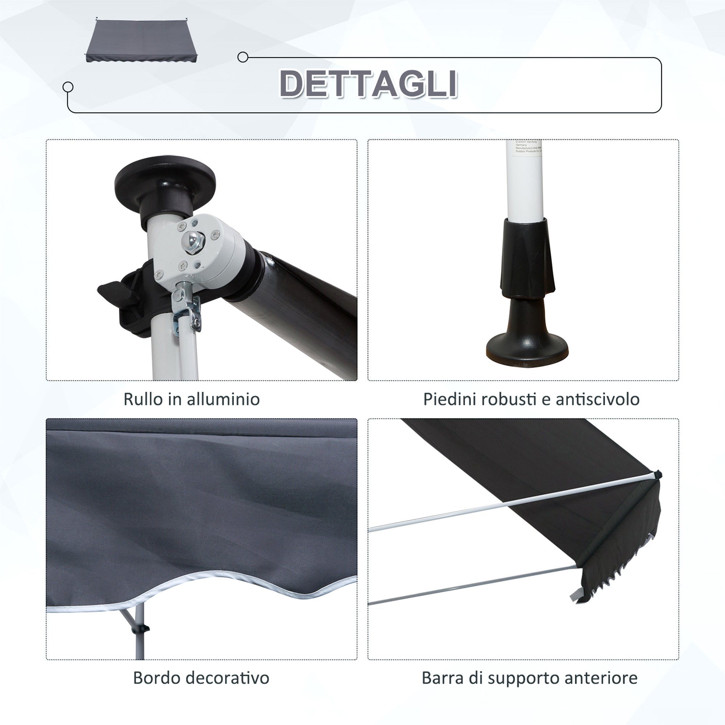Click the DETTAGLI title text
coord(368,84)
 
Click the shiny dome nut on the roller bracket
coord(192,239)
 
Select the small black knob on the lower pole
coord(145,628)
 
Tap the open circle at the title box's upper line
coord(243,57)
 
